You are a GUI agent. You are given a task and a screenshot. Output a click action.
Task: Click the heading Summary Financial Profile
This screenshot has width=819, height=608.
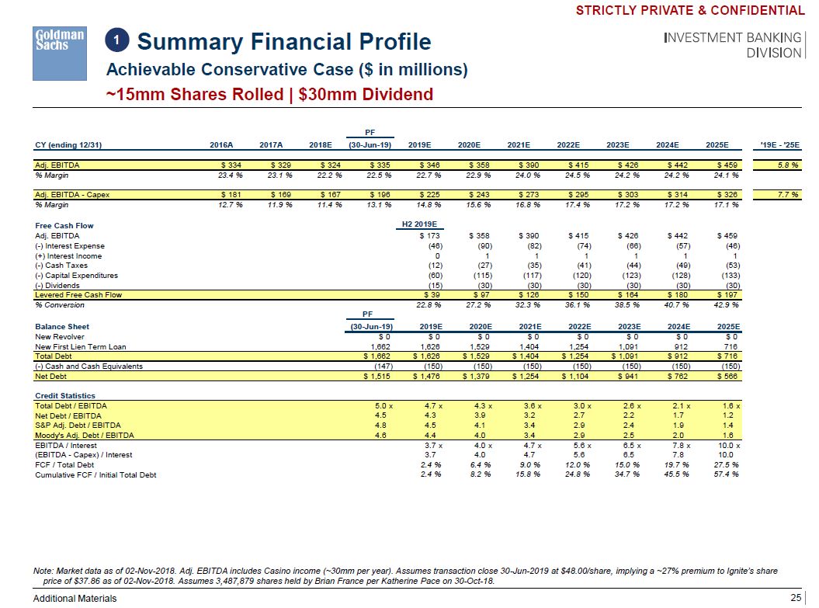284,41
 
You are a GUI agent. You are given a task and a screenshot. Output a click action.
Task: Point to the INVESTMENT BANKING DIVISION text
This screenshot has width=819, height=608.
733,45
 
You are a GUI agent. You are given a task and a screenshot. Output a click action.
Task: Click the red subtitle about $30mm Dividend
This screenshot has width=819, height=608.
269,95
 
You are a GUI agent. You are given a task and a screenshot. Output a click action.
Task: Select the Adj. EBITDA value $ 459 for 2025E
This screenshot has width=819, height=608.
727,165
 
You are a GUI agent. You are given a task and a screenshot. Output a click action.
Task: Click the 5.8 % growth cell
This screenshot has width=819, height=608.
786,165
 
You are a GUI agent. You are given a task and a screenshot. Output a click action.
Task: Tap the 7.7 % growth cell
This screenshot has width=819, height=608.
786,194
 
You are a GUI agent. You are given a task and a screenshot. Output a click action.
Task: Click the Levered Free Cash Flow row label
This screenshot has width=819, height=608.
78,295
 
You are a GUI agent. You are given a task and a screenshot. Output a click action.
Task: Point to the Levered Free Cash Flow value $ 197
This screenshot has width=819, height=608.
727,295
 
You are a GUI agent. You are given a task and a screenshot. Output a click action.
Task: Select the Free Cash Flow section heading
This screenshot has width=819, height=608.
64,226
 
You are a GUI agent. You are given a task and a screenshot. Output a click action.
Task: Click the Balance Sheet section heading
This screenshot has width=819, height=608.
62,327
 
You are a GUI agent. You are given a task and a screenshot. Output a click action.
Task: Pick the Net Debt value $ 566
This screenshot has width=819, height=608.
727,377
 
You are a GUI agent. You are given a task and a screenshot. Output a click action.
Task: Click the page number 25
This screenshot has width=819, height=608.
794,597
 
